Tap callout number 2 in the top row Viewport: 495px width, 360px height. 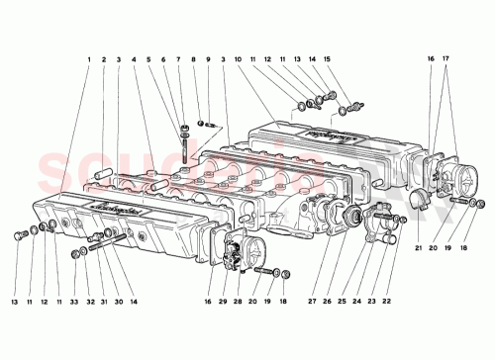click(x=103, y=60)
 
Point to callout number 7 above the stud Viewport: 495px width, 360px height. click(x=179, y=60)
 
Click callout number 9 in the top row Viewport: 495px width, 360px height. click(x=208, y=60)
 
